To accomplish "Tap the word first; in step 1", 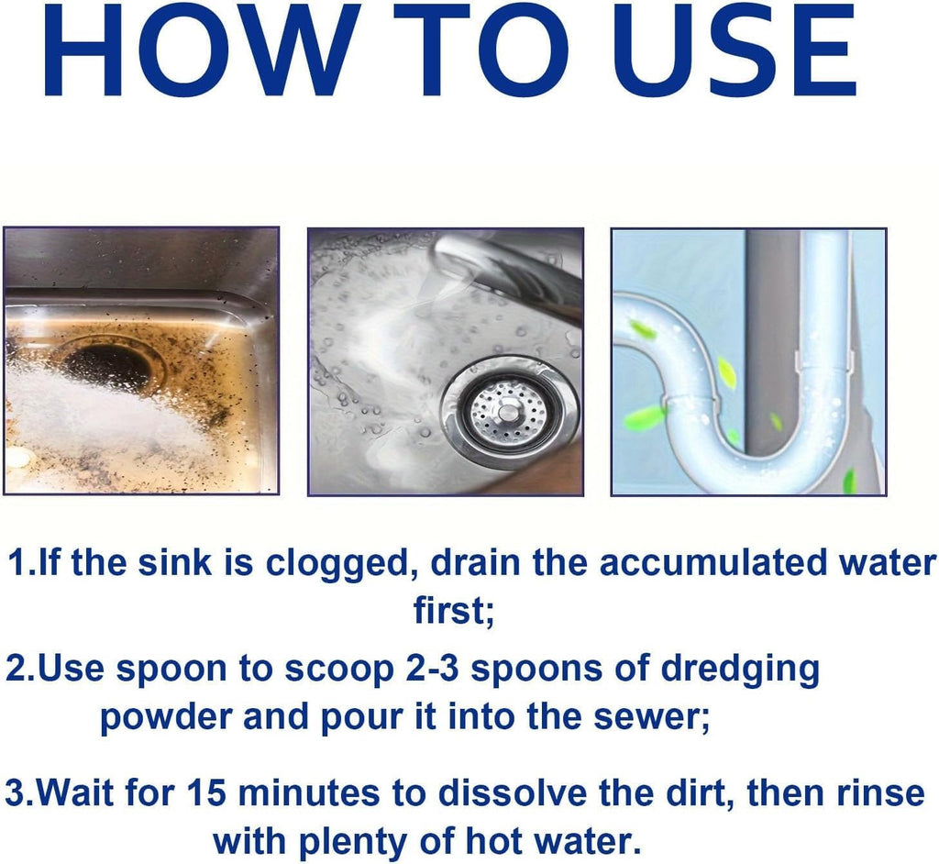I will tap(454, 611).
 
